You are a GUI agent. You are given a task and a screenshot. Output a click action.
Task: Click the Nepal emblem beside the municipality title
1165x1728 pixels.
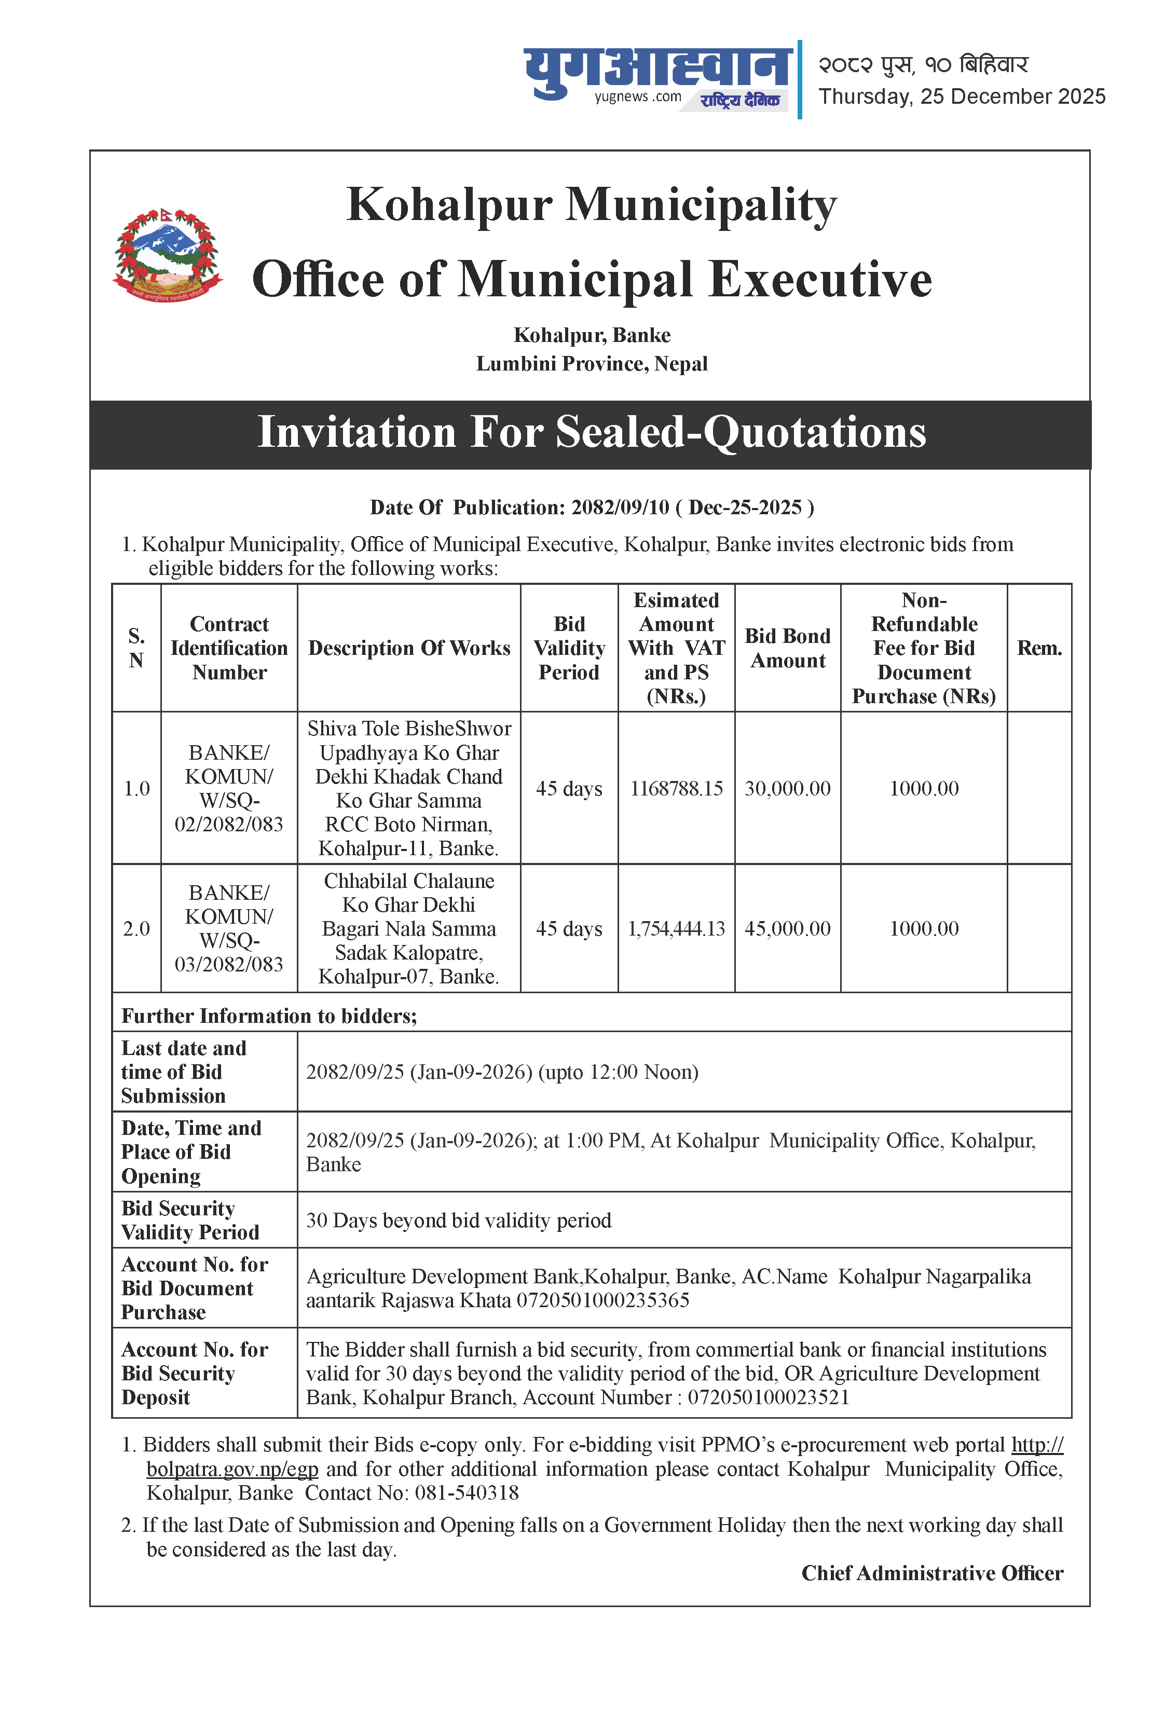click(x=168, y=255)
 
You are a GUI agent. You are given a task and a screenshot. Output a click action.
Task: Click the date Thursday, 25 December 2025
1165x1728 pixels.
click(x=962, y=97)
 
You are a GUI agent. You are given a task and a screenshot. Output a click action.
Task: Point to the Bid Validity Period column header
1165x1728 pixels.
click(x=569, y=648)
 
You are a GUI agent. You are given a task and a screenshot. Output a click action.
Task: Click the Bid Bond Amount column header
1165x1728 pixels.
click(x=788, y=648)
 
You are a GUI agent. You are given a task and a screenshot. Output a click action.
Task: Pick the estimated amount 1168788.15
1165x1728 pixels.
click(x=676, y=788)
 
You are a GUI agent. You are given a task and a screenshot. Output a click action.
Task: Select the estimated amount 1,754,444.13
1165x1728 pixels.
click(x=676, y=929)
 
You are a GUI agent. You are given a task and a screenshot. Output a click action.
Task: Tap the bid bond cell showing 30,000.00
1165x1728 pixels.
click(x=788, y=788)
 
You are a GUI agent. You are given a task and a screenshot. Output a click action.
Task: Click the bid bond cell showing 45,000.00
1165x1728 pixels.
click(x=788, y=929)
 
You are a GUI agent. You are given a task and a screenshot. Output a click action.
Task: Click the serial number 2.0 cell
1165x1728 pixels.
click(x=136, y=929)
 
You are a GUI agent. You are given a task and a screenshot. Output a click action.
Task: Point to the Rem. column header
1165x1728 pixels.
click(x=1039, y=648)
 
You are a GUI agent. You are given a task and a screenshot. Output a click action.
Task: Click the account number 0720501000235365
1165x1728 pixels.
click(x=602, y=1300)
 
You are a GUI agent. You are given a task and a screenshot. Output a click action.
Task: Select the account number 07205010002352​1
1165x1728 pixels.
click(x=767, y=1397)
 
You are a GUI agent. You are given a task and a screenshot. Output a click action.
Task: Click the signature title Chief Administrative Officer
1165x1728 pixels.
click(x=931, y=1573)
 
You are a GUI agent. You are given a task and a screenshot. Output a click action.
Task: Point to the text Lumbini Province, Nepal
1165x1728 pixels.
click(x=592, y=364)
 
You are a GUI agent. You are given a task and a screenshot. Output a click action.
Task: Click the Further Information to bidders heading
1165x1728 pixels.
click(x=269, y=1016)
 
